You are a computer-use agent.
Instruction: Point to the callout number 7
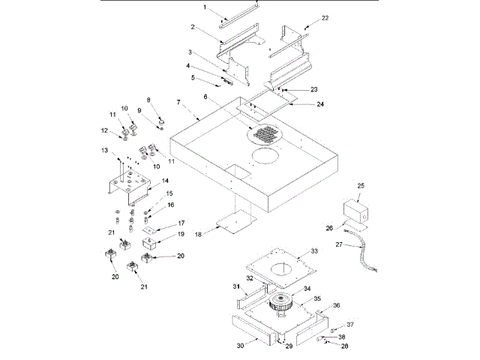point(178,101)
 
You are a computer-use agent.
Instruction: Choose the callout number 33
point(315,250)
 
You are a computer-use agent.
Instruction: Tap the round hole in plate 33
point(283,268)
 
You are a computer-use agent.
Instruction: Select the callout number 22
point(325,16)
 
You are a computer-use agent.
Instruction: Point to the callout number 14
point(166,181)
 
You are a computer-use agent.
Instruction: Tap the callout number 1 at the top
point(204,7)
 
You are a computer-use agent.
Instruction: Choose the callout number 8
point(148,100)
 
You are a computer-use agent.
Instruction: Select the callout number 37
point(350,325)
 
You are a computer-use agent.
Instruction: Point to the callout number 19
point(179,235)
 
